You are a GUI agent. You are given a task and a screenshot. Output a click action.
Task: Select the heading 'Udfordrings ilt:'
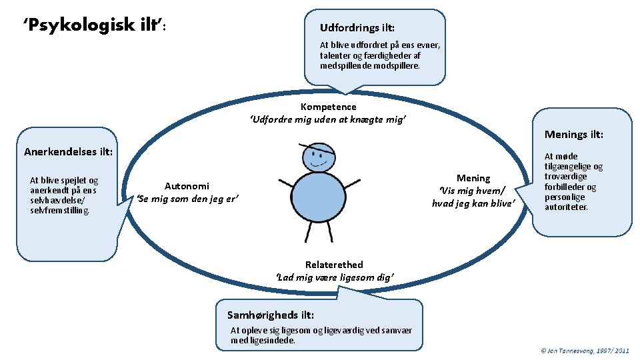[357, 28]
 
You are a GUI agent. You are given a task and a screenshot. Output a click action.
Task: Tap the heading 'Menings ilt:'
[574, 135]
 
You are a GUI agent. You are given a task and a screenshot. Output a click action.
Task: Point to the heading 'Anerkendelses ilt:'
[69, 151]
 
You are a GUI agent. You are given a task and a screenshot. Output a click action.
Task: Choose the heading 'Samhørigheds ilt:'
[271, 315]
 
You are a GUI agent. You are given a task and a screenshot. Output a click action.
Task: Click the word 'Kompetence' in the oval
[328, 107]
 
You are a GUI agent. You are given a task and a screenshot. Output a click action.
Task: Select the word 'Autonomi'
[187, 187]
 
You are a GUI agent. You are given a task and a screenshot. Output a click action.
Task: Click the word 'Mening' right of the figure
[473, 178]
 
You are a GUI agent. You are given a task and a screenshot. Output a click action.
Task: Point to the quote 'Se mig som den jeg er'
[187, 199]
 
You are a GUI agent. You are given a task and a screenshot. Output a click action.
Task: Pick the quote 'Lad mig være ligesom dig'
[335, 277]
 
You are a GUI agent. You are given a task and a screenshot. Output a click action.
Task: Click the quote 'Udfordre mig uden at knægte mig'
[327, 119]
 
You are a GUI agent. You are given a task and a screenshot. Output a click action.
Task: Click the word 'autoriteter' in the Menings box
[566, 207]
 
